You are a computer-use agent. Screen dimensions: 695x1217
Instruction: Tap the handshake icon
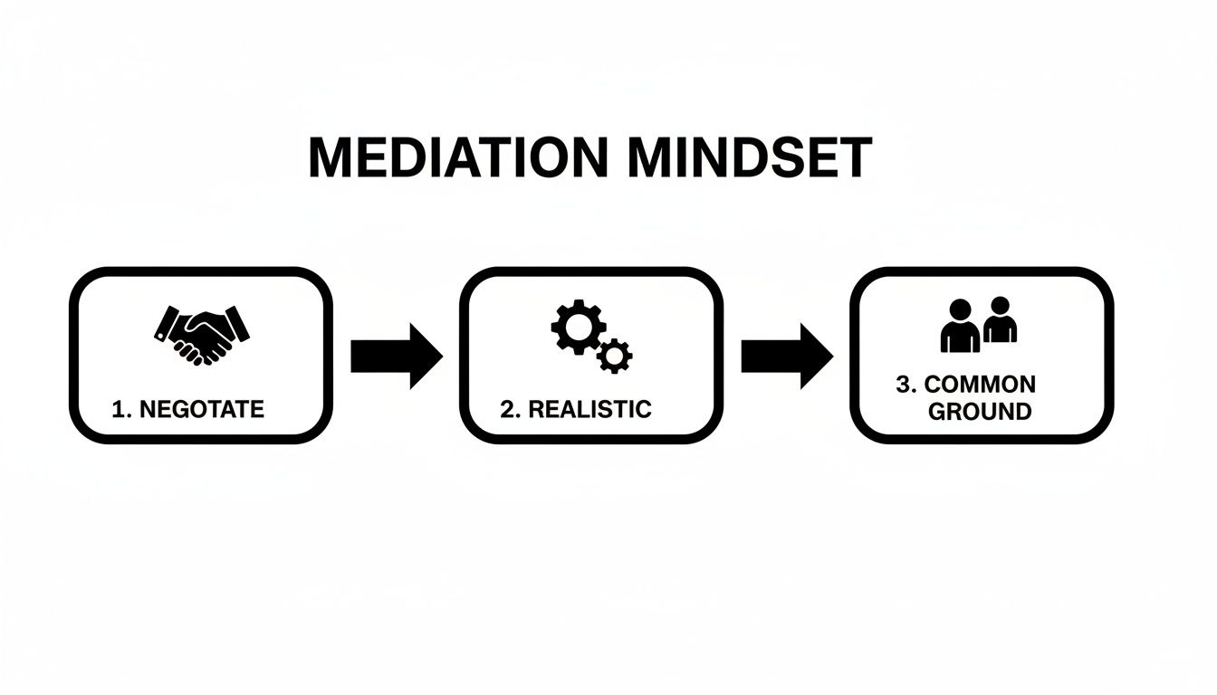click(x=201, y=335)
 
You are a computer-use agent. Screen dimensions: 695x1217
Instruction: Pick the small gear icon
click(x=615, y=356)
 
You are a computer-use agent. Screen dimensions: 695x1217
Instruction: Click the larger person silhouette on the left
click(x=960, y=328)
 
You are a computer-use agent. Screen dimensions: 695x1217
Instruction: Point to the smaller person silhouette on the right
click(x=1000, y=321)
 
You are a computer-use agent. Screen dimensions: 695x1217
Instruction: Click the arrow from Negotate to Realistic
click(x=396, y=356)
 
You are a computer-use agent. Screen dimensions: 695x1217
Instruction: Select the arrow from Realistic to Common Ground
click(x=786, y=356)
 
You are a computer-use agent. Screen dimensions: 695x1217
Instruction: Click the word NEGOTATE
click(x=201, y=409)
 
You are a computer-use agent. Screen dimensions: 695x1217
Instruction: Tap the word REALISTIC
click(x=589, y=409)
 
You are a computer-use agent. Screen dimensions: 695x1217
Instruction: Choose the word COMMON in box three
click(x=980, y=385)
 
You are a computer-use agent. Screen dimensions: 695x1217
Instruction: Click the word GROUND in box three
click(x=980, y=412)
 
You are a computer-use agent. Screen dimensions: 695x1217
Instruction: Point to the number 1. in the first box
click(x=121, y=409)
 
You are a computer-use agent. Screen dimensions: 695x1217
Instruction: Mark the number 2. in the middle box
click(x=511, y=409)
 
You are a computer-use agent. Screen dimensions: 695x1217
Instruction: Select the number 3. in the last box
click(x=906, y=385)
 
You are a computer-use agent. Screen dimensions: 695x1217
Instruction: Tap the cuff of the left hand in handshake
click(x=166, y=323)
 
